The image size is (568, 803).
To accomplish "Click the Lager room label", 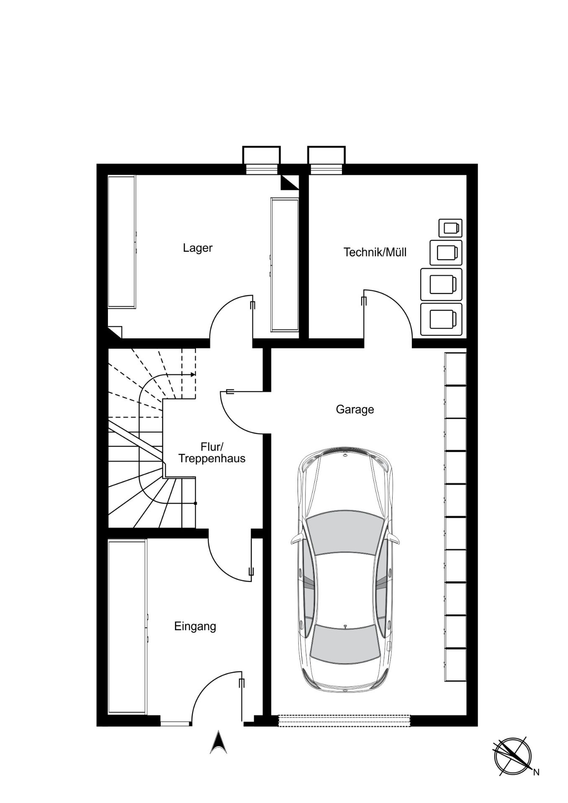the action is tap(198, 248).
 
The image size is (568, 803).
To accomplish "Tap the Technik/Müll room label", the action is tap(375, 252).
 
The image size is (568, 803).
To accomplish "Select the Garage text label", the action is tap(355, 409).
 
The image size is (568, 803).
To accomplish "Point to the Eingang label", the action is tap(195, 627).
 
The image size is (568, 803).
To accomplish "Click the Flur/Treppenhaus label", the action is tap(212, 452).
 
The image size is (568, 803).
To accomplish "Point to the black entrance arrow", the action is tap(218, 742).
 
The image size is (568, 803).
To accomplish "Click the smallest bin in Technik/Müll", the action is tap(450, 228).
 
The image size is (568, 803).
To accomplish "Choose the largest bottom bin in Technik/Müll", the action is tap(441, 320).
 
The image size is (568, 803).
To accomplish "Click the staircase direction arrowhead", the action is tap(193, 374).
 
